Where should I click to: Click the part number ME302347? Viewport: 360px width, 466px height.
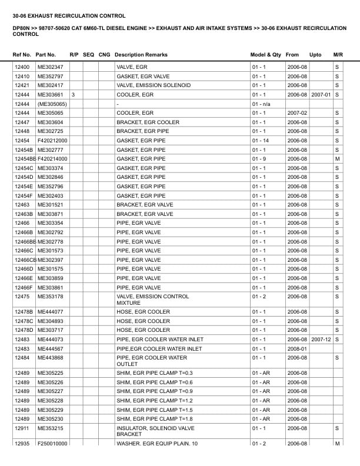[50, 67]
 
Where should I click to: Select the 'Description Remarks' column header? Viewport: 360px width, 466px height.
[141, 54]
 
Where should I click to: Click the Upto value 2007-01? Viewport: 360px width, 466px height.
[321, 95]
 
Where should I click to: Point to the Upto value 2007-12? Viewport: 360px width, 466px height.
[321, 339]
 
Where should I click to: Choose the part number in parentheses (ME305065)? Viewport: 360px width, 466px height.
[52, 104]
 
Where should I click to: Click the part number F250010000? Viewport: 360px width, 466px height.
[52, 444]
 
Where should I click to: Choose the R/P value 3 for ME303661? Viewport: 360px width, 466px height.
[73, 95]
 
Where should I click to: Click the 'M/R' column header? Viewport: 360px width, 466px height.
[338, 54]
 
